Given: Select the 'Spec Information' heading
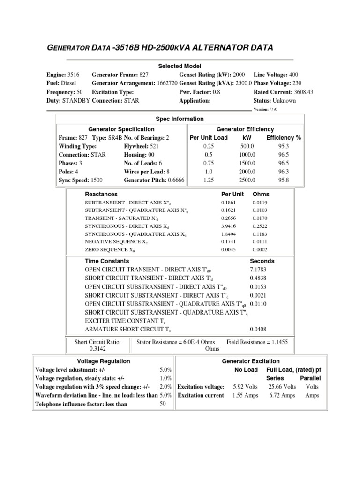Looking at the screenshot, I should coord(180,119).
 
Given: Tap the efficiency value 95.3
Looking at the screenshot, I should coord(284,146).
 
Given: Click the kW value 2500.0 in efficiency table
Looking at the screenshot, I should coord(247,180).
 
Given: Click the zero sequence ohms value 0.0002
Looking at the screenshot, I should coord(261,250).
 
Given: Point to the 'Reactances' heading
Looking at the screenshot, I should coord(101,194).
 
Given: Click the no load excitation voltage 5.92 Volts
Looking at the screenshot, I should coord(245,387).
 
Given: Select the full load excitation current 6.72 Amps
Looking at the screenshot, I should coord(282,395).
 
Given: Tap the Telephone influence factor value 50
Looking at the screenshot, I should coord(163,404).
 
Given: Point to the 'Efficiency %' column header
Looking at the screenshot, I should coord(284,137).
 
